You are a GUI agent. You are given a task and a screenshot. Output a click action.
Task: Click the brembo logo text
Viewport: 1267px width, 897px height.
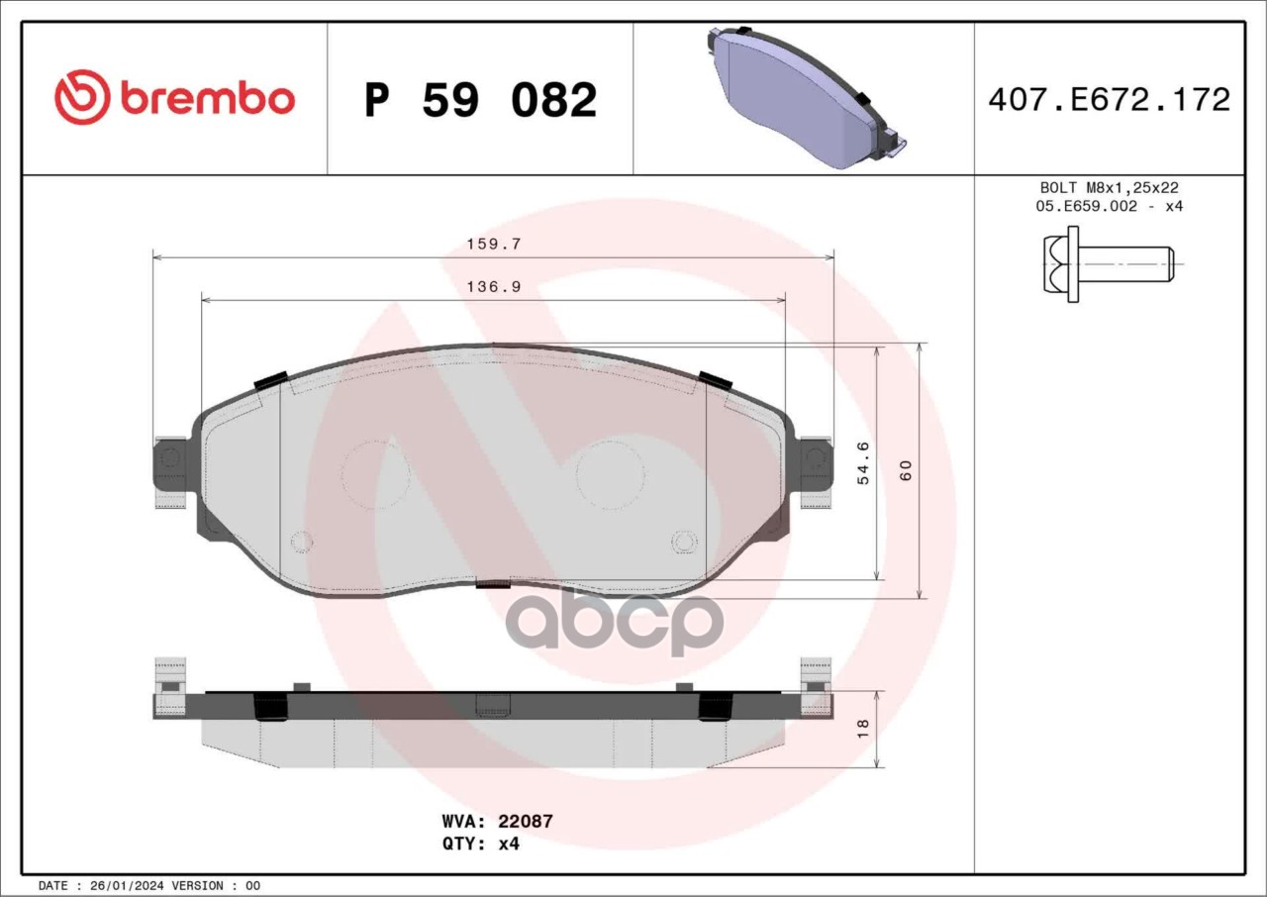tap(207, 99)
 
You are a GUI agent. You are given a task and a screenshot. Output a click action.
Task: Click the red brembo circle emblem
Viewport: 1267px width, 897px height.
tap(81, 97)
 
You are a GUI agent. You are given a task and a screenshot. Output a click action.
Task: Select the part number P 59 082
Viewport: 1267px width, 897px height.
tap(481, 100)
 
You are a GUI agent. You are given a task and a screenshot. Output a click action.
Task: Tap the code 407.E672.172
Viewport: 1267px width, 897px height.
tap(1110, 100)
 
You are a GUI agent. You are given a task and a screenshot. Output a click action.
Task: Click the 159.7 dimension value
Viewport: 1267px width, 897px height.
tap(494, 245)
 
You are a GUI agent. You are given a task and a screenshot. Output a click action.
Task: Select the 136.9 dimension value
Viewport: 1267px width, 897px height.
tap(494, 287)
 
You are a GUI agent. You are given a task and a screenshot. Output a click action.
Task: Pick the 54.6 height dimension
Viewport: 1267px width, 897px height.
tap(863, 462)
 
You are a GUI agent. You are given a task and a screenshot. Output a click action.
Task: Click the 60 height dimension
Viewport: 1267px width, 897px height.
tap(906, 470)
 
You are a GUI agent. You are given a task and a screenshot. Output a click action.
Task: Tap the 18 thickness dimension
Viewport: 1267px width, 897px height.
tap(862, 729)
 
